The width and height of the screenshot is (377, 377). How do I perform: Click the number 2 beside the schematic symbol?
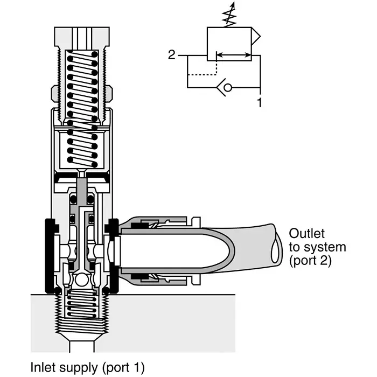point(171,55)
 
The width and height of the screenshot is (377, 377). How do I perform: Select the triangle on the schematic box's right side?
point(256,38)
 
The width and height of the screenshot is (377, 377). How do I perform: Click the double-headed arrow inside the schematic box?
point(233,54)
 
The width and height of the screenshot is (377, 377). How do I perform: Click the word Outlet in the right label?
point(306,234)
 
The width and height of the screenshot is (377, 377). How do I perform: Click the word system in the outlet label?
point(323,247)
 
